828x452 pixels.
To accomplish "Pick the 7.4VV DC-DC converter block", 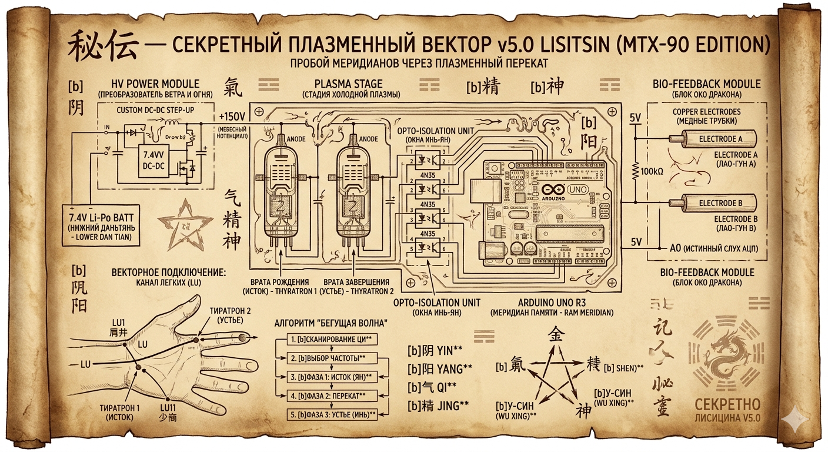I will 154,161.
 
